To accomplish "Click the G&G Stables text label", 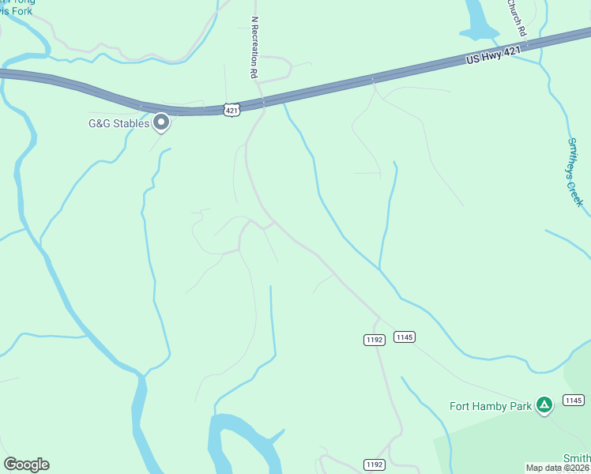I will tap(118, 123).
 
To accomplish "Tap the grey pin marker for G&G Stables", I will tap(162, 122).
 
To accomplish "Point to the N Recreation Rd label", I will tap(254, 47).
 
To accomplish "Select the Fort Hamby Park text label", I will tap(491, 407).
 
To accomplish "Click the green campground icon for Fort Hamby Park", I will tap(544, 405).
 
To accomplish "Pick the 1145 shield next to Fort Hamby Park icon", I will tap(574, 401).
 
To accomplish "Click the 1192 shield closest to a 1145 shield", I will tap(375, 340).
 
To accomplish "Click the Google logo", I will tap(26, 465).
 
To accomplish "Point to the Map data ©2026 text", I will tap(557, 468).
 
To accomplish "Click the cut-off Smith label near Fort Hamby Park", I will tap(576, 458).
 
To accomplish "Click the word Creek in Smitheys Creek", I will tap(580, 190).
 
